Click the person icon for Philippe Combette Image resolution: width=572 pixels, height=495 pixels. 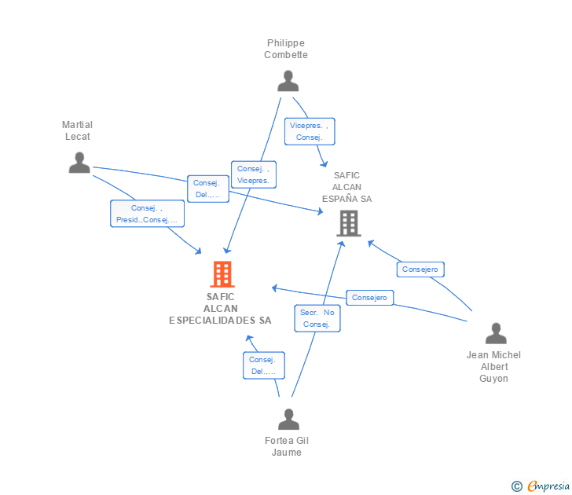[288, 81]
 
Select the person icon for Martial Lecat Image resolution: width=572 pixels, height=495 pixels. [79, 163]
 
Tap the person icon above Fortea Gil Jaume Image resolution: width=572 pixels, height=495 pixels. [288, 419]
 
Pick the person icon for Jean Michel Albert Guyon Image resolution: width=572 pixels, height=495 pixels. [496, 333]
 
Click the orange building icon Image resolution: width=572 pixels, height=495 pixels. [222, 274]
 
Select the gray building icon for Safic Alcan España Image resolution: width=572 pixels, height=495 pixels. [348, 223]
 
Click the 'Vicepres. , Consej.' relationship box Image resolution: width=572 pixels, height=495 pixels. [310, 131]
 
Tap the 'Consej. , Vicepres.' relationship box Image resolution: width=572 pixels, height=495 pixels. [253, 174]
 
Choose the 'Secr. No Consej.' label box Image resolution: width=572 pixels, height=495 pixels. [317, 318]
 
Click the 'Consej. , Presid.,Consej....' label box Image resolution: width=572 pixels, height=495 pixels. [147, 214]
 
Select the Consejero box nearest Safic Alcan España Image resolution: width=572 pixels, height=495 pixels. [421, 269]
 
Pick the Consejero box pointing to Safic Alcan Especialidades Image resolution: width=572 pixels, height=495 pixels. [370, 298]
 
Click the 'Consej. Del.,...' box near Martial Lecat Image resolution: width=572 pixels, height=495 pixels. [207, 189]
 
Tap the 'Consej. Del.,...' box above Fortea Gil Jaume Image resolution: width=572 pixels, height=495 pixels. [263, 365]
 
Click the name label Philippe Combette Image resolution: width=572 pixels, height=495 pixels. [286, 49]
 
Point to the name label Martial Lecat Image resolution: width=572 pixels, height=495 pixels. [78, 130]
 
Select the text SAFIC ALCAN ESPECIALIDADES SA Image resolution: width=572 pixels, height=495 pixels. [221, 309]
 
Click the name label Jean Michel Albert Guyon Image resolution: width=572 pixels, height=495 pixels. [493, 366]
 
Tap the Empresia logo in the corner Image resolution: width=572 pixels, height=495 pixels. [548, 486]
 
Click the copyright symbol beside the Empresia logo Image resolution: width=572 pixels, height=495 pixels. [516, 486]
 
